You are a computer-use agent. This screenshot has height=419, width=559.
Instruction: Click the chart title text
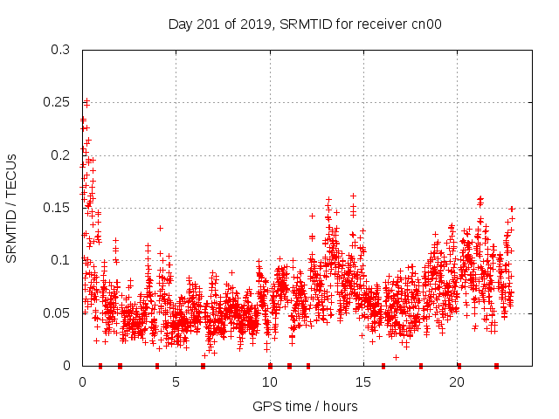coord(305,24)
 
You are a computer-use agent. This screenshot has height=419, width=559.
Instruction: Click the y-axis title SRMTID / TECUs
coord(12,208)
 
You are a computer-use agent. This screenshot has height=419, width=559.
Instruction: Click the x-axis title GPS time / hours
coord(305,406)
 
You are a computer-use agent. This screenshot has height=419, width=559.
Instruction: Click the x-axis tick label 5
coord(176,382)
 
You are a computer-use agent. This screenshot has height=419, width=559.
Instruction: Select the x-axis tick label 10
coord(269,382)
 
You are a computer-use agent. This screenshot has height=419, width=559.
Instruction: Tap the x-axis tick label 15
coord(362,382)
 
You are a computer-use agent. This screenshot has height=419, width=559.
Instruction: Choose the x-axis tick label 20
coord(456,382)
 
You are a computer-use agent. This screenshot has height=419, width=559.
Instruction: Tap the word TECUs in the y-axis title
coord(12,176)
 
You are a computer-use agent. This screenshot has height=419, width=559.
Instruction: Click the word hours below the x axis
coord(340,406)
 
